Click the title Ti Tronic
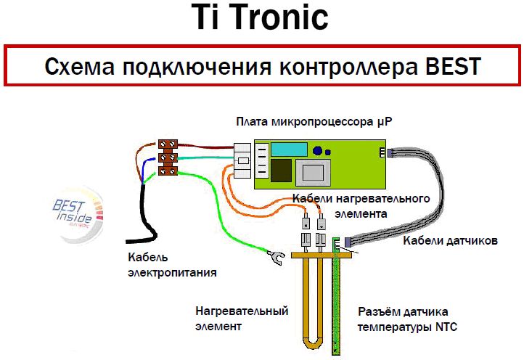point(260,17)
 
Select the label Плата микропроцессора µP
point(314,121)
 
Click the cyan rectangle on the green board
point(289,150)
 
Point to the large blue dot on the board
point(317,151)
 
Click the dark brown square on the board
point(281,171)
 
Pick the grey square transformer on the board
point(313,173)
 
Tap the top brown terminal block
point(168,144)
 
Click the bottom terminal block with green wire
point(168,171)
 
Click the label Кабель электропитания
point(172,265)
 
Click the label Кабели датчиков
point(450,240)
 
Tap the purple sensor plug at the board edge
point(389,152)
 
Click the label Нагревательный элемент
point(242,318)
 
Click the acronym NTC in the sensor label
point(446,327)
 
